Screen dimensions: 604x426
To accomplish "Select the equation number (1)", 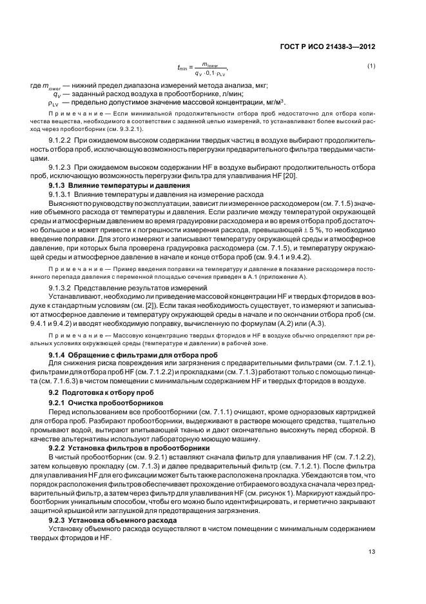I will [371, 66].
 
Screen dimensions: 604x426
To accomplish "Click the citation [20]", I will [312, 177].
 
